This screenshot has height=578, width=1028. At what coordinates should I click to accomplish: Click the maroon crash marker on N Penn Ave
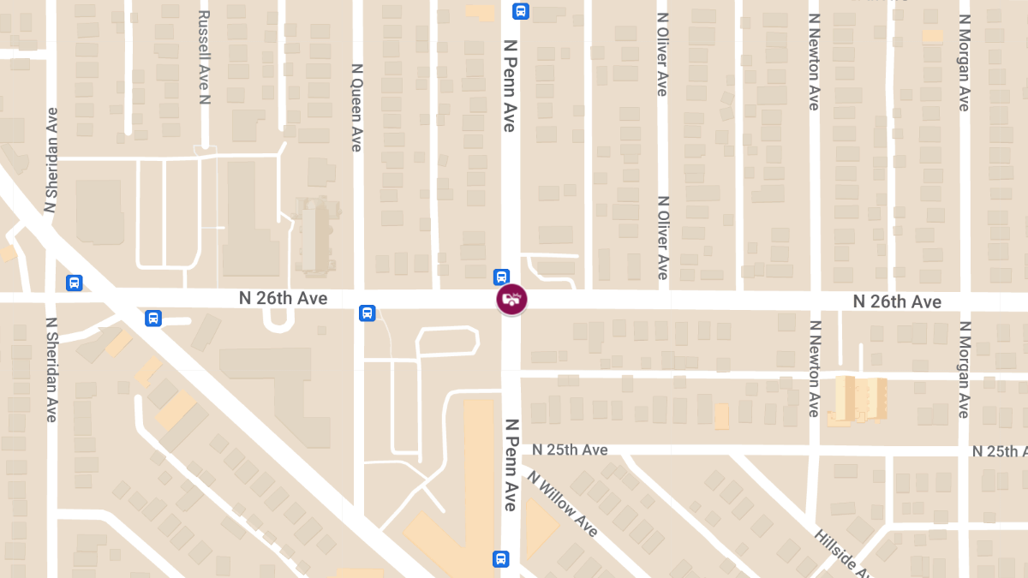point(511,300)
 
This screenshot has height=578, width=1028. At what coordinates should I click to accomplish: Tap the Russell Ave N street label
point(203,57)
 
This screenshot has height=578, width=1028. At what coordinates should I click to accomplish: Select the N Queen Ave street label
point(357,107)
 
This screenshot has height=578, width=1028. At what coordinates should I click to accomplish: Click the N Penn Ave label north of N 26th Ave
point(510,85)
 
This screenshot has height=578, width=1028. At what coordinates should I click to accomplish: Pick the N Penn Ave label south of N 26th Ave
point(510,464)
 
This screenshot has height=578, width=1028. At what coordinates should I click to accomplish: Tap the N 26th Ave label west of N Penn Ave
point(283,299)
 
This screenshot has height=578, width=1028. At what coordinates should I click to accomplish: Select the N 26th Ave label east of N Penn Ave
point(897,301)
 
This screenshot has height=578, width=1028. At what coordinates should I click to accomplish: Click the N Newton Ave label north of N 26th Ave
point(814,62)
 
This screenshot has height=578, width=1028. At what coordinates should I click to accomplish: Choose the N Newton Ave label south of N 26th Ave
point(814,368)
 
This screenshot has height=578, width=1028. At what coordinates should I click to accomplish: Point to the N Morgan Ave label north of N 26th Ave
point(964,62)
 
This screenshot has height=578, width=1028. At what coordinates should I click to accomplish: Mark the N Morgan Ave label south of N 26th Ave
point(964,369)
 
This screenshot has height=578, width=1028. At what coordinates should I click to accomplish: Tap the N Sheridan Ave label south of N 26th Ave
point(52,369)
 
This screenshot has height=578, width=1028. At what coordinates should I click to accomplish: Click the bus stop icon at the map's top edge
point(520,11)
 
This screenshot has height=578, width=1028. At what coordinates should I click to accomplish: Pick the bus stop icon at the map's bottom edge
point(501,559)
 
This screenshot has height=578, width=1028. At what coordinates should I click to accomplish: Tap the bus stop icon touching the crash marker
point(501,277)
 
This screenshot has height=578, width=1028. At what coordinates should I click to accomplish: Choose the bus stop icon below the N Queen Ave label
point(368,313)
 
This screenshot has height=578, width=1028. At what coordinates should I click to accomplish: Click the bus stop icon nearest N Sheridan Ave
point(75,283)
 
